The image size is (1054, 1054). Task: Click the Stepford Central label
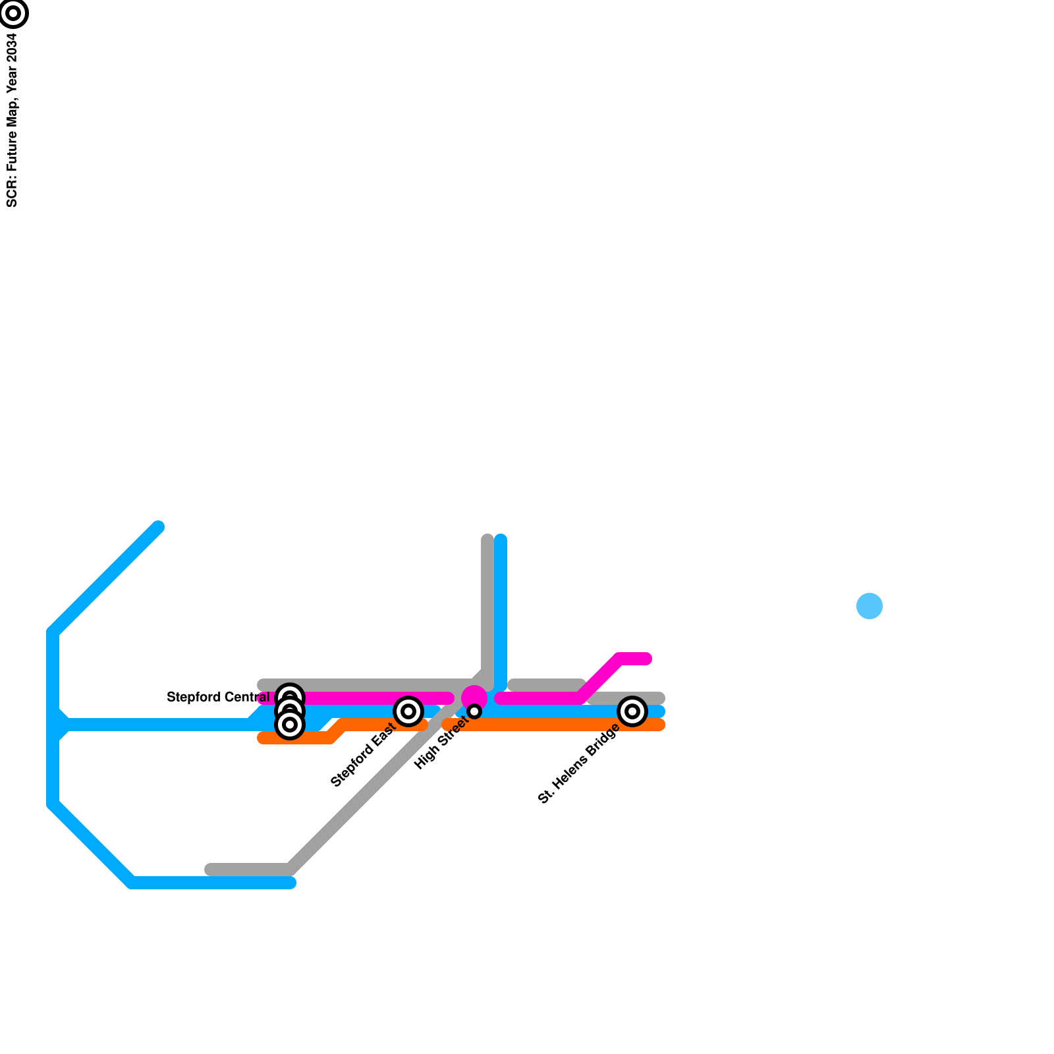click(x=218, y=697)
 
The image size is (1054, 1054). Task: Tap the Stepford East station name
click(x=362, y=754)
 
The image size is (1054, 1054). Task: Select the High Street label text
click(x=441, y=742)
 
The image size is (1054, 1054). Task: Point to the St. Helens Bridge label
click(x=578, y=763)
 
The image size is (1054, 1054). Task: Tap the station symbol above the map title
click(x=13, y=13)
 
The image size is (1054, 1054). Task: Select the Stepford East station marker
click(x=408, y=711)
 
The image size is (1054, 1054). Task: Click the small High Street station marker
click(x=474, y=711)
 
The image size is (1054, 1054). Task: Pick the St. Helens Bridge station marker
click(x=632, y=711)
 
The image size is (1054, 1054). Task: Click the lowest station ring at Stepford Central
click(x=290, y=725)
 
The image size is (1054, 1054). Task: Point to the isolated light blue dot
click(x=870, y=606)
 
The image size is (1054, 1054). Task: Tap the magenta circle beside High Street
click(x=474, y=697)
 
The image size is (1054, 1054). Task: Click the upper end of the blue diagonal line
click(x=158, y=527)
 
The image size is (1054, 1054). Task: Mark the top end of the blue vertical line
click(x=501, y=540)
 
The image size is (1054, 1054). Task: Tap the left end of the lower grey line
click(x=210, y=870)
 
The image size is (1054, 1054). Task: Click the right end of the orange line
click(x=659, y=725)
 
